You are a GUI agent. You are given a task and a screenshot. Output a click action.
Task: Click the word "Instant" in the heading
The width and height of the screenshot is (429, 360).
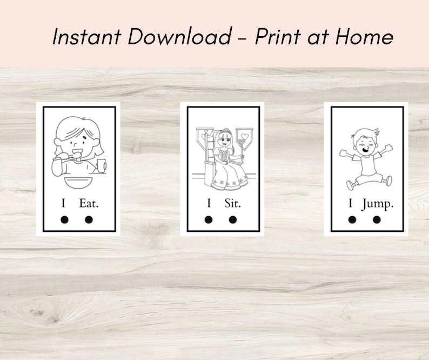coord(86,37)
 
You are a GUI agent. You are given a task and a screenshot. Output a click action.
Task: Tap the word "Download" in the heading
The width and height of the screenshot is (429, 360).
coord(180,37)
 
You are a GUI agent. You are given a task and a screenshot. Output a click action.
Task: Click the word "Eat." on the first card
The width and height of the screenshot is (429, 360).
coord(89,203)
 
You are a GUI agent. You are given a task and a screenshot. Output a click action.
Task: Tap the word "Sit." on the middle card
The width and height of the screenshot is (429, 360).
coord(233,203)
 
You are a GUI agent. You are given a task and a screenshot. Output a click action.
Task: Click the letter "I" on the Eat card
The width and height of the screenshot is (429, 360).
coord(64,203)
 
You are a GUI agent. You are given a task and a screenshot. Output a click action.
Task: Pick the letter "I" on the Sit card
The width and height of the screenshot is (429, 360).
coord(209,203)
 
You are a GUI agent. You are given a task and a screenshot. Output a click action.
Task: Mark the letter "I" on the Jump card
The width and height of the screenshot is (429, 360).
coord(351,203)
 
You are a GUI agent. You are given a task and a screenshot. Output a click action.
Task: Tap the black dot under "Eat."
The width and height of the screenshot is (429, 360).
coord(89,219)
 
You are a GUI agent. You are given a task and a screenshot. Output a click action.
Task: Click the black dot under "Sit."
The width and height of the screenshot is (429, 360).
coord(233,219)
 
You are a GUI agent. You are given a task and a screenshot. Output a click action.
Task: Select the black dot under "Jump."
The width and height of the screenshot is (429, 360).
coord(377,219)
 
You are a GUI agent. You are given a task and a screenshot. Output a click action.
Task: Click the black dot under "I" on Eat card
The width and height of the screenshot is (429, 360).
coord(64,219)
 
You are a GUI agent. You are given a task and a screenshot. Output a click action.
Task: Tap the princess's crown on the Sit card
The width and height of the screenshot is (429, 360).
coord(224,131)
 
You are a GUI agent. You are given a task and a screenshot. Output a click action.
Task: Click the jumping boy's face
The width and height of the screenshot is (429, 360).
coord(362,143)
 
